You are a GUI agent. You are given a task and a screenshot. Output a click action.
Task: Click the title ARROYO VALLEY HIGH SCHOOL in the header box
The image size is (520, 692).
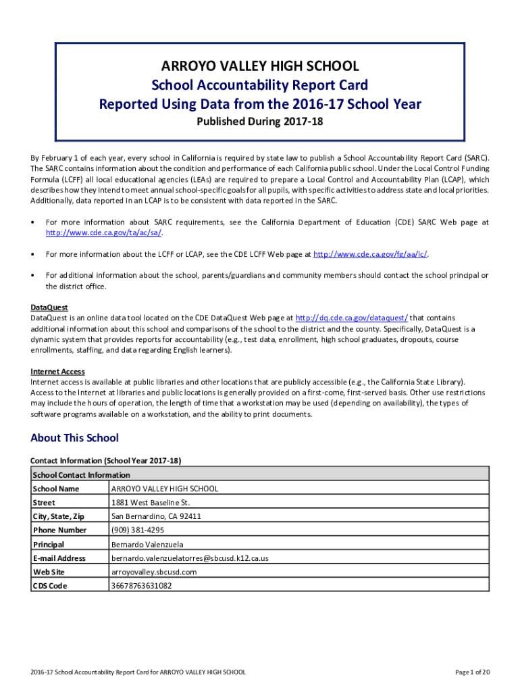pos(260,66)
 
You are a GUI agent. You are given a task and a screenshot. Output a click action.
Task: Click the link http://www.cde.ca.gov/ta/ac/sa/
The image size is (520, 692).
pos(104,232)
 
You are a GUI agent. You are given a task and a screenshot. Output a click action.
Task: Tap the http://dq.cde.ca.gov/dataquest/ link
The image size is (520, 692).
pos(352,318)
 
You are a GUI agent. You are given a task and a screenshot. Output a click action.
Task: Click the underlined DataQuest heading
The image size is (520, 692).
pos(49,307)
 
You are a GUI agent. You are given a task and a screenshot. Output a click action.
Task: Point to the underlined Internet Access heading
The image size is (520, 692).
pos(57,371)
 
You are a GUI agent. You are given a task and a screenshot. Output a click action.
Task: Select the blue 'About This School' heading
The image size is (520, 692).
pos(74,438)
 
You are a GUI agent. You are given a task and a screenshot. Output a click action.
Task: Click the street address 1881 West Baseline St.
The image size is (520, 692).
pos(151,503)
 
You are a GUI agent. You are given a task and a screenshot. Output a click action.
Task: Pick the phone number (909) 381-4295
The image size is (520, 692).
pos(138,530)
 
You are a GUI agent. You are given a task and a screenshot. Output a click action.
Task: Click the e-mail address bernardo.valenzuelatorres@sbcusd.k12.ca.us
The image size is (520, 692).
pos(190,558)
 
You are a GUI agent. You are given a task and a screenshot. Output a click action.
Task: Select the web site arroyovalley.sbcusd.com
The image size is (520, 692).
pos(154,572)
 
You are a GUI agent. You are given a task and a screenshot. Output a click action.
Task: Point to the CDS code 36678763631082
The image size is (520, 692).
pos(141,586)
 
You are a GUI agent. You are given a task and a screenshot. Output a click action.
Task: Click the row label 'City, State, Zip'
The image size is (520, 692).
pos(59,516)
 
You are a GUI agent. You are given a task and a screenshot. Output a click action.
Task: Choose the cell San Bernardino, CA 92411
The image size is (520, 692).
pos(156,516)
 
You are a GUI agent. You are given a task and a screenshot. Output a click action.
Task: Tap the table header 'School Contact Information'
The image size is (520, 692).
pos(81,474)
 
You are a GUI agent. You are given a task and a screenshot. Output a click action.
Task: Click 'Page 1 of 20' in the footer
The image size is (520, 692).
pos(473,672)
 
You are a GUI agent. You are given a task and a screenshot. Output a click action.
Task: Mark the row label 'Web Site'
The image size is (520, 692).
pos(49,572)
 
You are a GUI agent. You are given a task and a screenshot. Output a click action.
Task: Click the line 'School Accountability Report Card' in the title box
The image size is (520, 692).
pos(260,85)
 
